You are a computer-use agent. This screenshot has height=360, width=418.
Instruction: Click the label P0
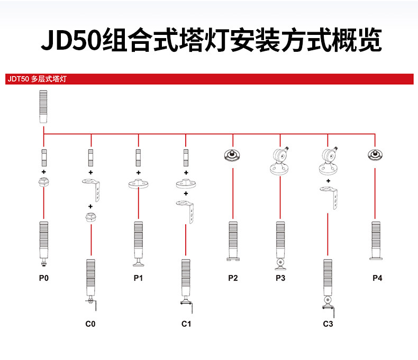tap(43, 278)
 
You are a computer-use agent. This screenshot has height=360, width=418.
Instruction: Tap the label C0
tap(90, 324)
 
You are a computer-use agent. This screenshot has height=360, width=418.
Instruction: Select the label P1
tap(138, 278)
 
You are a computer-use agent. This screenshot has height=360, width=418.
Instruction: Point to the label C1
tap(186, 324)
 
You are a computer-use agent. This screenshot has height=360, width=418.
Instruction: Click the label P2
tap(233, 278)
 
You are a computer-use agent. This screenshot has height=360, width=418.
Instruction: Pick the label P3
tap(280, 278)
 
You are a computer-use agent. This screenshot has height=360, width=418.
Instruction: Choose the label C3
tap(328, 324)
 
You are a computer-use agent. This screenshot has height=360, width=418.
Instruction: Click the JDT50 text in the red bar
tap(17, 79)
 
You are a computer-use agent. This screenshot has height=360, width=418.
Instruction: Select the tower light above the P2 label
tap(233, 241)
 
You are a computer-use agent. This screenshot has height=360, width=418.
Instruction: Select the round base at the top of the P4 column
tap(375, 155)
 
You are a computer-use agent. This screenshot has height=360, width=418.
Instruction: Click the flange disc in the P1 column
tap(138, 185)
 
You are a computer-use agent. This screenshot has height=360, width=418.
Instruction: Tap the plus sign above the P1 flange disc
tap(138, 173)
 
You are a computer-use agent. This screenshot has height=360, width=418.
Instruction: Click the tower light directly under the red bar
tap(43, 106)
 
